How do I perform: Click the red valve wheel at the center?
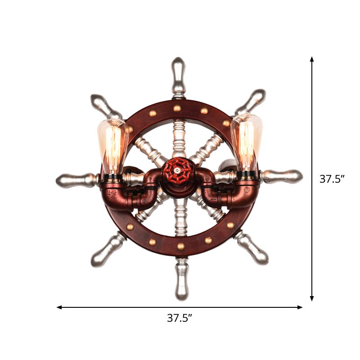[x=178, y=171]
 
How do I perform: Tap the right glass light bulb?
[x=246, y=141]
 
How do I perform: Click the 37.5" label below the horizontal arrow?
[x=180, y=318]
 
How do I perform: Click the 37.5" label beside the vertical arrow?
[x=332, y=179]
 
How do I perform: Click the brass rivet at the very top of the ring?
[x=177, y=108]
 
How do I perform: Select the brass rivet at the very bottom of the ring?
[x=180, y=247]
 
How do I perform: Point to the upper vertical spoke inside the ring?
[x=178, y=137]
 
